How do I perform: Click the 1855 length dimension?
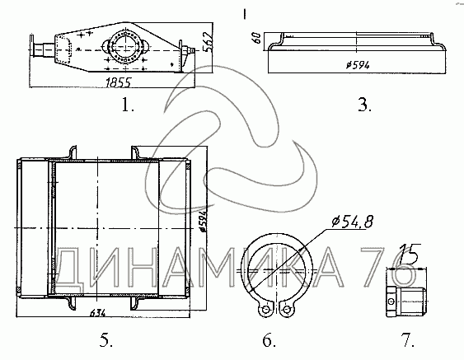pyautogui.click(x=118, y=82)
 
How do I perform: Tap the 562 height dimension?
pyautogui.click(x=209, y=41)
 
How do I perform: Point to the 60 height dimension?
pyautogui.click(x=257, y=38)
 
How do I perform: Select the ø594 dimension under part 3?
pyautogui.click(x=358, y=65)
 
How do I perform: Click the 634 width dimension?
pyautogui.click(x=97, y=312)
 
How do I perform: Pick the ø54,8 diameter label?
pyautogui.click(x=353, y=222)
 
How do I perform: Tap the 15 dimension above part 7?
pyautogui.click(x=410, y=253)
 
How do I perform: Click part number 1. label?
pyautogui.click(x=128, y=105)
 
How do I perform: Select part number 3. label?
pyautogui.click(x=364, y=105)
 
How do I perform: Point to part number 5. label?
pyautogui.click(x=106, y=340)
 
